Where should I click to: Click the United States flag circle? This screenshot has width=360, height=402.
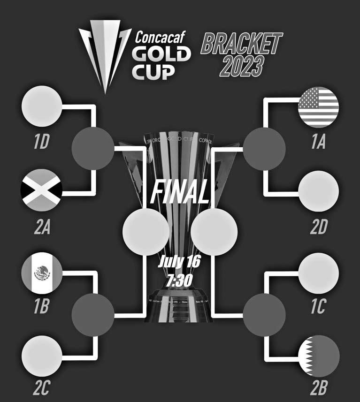coord(319,107)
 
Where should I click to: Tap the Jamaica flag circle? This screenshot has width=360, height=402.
coord(41,189)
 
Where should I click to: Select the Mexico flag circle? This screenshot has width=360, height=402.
coord(41,272)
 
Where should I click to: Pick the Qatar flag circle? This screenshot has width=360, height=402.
coord(319,356)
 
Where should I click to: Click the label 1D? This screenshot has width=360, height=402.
coord(41,143)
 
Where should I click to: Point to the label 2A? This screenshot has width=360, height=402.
coord(41,228)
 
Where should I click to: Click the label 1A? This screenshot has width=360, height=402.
coord(318,143)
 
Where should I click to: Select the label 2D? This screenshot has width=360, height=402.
coord(318,228)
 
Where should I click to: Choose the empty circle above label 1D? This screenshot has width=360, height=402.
coord(41,107)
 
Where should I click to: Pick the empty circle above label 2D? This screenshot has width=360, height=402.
coord(319,190)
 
